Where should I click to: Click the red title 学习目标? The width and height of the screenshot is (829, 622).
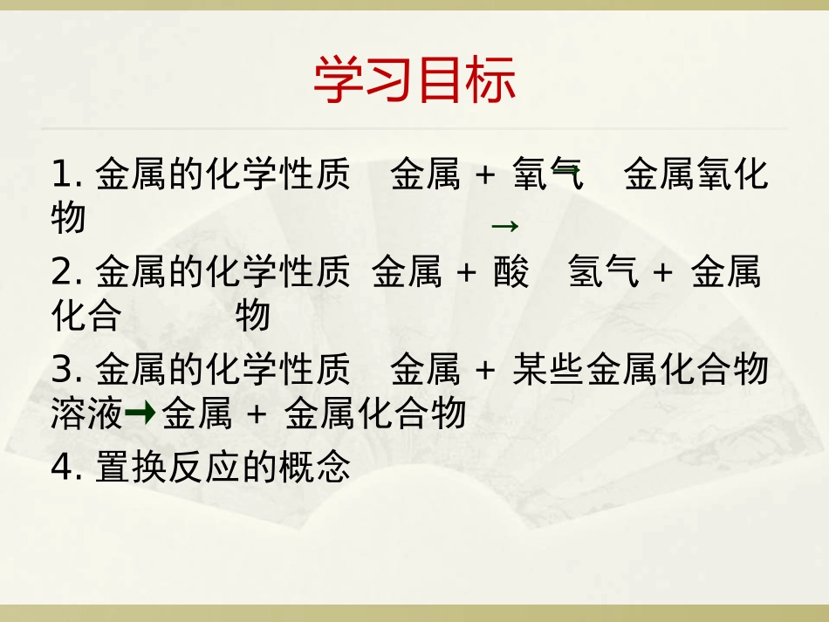click(414, 81)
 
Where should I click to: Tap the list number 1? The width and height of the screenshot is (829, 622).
click(61, 174)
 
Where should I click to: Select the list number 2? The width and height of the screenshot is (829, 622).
click(61, 273)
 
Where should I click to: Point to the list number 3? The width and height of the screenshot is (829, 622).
click(61, 370)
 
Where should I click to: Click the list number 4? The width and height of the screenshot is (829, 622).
click(61, 468)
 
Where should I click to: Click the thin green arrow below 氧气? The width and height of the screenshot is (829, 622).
click(505, 227)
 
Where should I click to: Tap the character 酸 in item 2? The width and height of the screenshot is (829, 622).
click(510, 273)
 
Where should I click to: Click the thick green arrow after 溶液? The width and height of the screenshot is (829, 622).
click(140, 414)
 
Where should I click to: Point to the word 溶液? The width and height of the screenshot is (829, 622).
click(86, 414)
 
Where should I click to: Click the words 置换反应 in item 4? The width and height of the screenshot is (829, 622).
click(168, 468)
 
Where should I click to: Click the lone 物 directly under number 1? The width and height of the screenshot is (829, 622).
click(68, 218)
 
